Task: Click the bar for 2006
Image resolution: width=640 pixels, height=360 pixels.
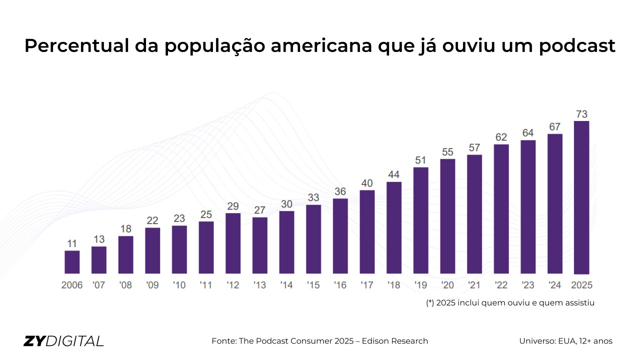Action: (x=72, y=262)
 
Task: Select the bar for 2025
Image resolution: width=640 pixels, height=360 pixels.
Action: (x=581, y=197)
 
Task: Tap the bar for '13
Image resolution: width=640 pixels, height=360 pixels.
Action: (x=260, y=245)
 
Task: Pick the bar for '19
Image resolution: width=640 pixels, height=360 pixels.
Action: (x=421, y=220)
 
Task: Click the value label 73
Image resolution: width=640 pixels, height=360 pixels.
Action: (x=581, y=113)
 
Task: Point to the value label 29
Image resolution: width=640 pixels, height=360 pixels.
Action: (x=233, y=206)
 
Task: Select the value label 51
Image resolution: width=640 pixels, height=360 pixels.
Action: (x=421, y=160)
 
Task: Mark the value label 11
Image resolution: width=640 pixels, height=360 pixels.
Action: (x=72, y=243)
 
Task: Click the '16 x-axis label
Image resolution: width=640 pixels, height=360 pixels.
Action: (x=340, y=285)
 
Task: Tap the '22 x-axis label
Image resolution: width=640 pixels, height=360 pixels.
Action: (x=501, y=285)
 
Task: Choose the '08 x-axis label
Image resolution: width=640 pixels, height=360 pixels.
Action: (x=125, y=285)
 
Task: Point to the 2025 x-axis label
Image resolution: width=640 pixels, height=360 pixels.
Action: (x=581, y=285)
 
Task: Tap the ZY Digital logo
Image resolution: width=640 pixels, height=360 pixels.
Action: (x=63, y=341)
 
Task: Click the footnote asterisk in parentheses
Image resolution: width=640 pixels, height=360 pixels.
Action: (x=430, y=303)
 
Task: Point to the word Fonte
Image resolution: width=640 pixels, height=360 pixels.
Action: (x=224, y=341)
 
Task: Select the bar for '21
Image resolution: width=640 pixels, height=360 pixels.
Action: (x=474, y=214)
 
